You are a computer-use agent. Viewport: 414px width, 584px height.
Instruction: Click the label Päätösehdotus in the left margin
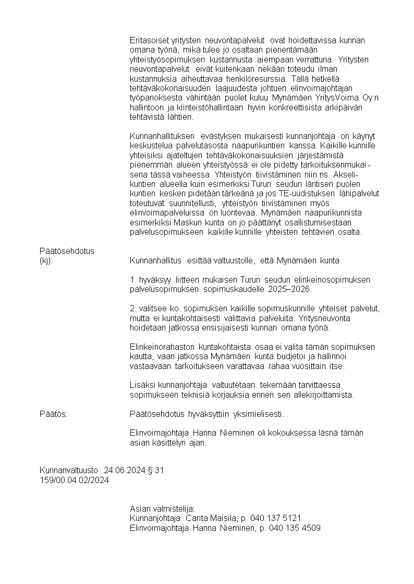(x=67, y=251)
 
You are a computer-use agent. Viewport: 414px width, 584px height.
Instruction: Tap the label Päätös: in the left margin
(x=54, y=414)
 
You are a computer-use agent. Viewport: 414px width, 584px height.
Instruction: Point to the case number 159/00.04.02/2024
(x=74, y=480)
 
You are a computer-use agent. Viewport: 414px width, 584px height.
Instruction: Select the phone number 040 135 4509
(x=295, y=528)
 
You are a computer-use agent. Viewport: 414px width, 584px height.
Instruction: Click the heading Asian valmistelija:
(x=162, y=509)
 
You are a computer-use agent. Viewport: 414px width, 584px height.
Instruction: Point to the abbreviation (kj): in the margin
(x=46, y=260)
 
